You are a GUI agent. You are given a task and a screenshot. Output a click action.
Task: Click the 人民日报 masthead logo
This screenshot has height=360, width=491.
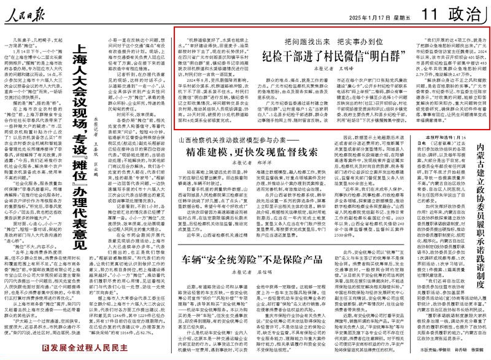26,10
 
